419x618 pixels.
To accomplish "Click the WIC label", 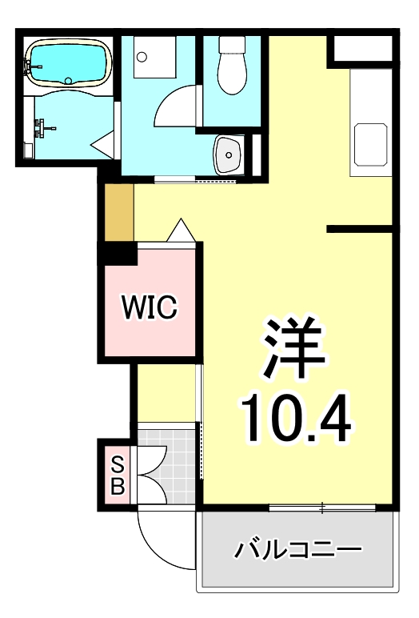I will (x=148, y=307).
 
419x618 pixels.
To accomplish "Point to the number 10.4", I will (x=297, y=417).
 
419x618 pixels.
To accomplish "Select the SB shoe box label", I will (x=117, y=474).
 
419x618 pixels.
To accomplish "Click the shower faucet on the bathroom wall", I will (x=44, y=126).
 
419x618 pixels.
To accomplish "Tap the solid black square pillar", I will (x=117, y=255).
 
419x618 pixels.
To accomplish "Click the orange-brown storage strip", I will (x=119, y=211).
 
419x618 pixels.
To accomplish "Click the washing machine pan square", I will (x=153, y=57).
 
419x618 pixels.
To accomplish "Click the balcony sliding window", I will (x=322, y=507).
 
